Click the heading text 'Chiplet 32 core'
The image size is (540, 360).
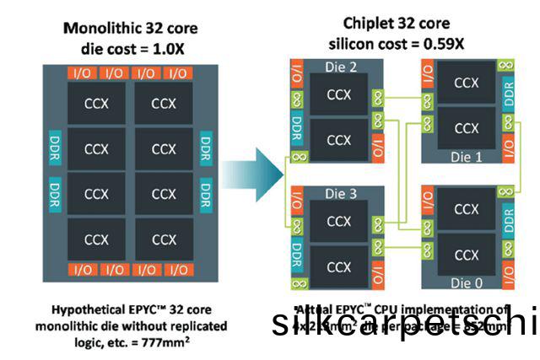point(397,24)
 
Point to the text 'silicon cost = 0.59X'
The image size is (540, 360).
point(397,42)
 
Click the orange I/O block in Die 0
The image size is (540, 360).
point(508,273)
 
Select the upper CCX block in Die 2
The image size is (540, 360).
point(338,93)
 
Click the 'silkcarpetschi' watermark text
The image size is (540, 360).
point(405,325)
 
